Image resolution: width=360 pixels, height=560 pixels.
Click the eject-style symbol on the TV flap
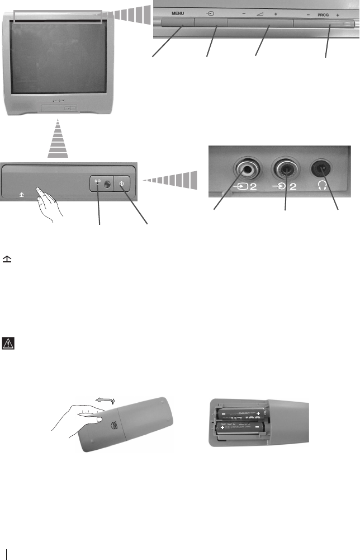(21, 195)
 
